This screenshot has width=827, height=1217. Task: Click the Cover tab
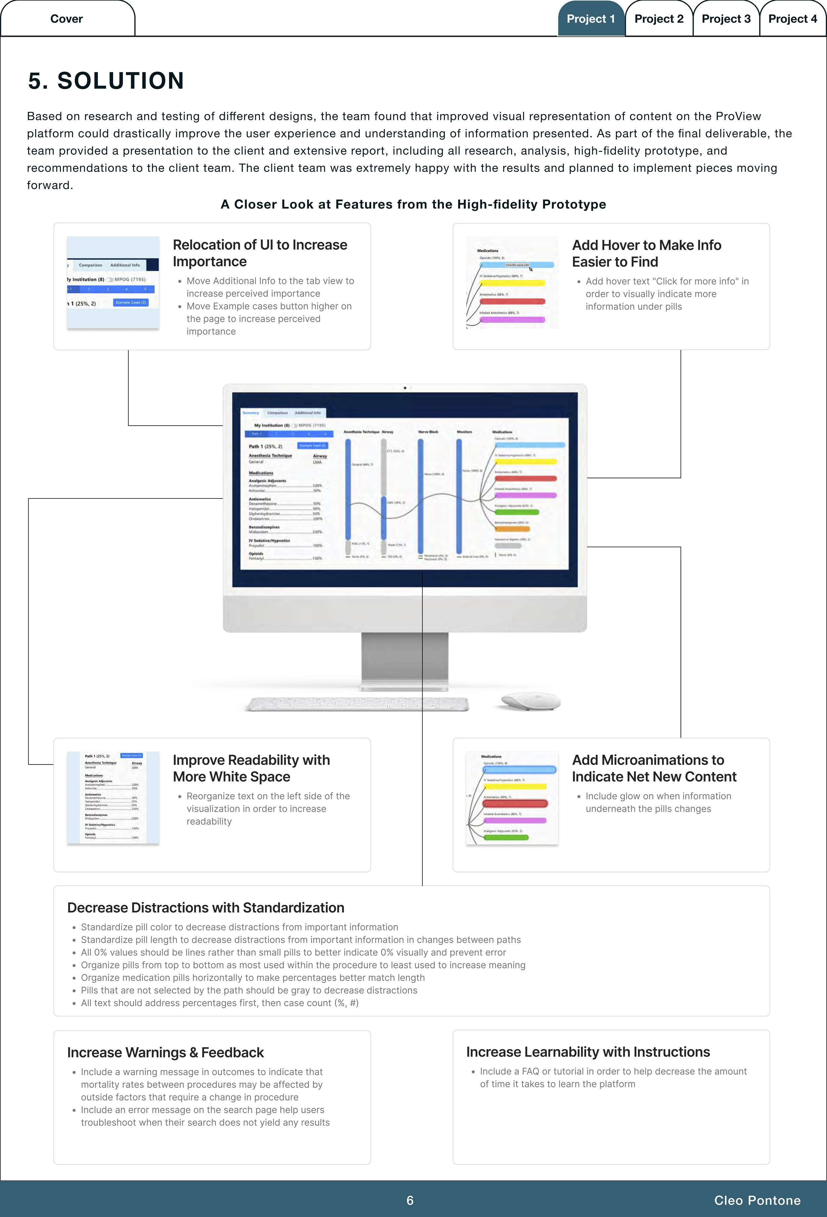pos(66,19)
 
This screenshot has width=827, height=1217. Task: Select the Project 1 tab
pos(590,19)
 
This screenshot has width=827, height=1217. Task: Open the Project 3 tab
pos(726,19)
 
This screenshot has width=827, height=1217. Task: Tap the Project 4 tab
pos(793,19)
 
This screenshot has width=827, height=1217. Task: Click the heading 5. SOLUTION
pos(106,81)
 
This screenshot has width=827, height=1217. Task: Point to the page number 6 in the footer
pos(410,1200)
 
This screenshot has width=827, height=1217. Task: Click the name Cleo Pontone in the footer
pos(757,1200)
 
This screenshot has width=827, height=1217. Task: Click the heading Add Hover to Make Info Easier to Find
pos(646,254)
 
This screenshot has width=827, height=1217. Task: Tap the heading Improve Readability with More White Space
pos(251,768)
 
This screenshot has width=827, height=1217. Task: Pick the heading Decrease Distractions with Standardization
pos(206,908)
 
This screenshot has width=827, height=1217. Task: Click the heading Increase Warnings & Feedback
pos(165,1052)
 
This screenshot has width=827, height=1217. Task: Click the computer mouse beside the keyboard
pos(530,701)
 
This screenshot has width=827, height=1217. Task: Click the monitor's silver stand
pos(405,661)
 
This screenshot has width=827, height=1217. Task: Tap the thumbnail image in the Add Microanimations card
pos(512,798)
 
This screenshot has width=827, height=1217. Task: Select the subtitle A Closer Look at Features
pos(413,204)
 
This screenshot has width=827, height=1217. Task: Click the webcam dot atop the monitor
pos(405,388)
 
